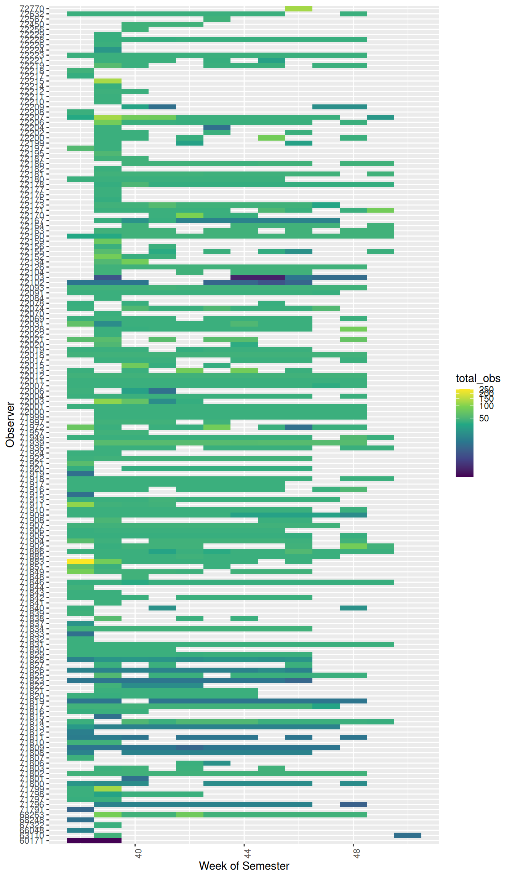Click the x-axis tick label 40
pyautogui.click(x=138, y=853)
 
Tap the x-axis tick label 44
pyautogui.click(x=247, y=853)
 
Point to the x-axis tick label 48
pyautogui.click(x=356, y=853)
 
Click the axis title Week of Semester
pyautogui.click(x=244, y=866)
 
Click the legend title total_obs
pyautogui.click(x=478, y=378)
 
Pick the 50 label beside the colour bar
pyautogui.click(x=484, y=418)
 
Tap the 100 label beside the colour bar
pyautogui.click(x=486, y=406)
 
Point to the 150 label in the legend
pyautogui.click(x=486, y=399)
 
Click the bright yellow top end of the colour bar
pyautogui.click(x=464, y=390)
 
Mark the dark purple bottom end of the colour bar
pyautogui.click(x=464, y=475)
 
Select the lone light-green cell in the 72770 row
pyautogui.click(x=299, y=8)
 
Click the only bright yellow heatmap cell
pyautogui.click(x=80, y=561)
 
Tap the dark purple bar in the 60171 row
pyautogui.click(x=94, y=840)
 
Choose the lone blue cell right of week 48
pyautogui.click(x=408, y=835)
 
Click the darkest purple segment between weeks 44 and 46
pyautogui.click(x=258, y=277)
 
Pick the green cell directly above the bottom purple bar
pyautogui.click(x=108, y=835)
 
